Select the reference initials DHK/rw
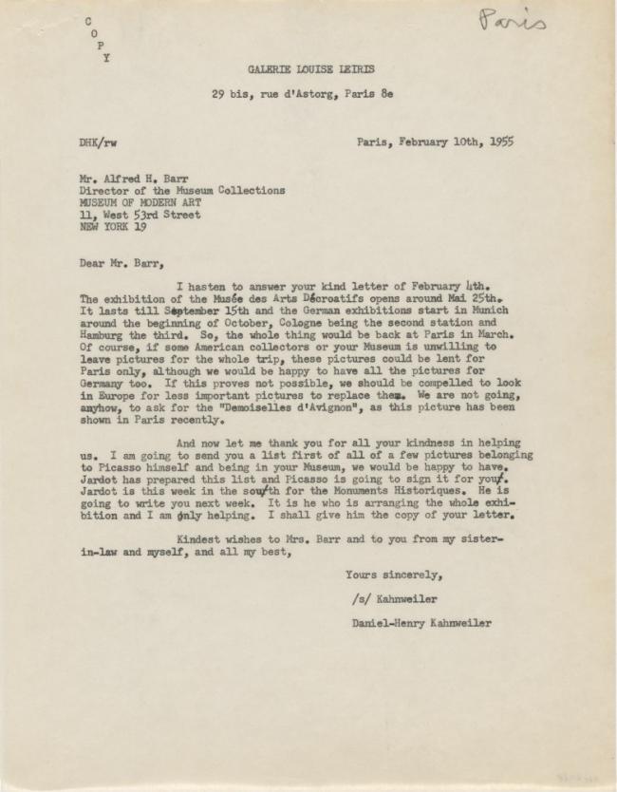point(99,142)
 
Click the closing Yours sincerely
point(394,575)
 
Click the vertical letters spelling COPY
point(98,38)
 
